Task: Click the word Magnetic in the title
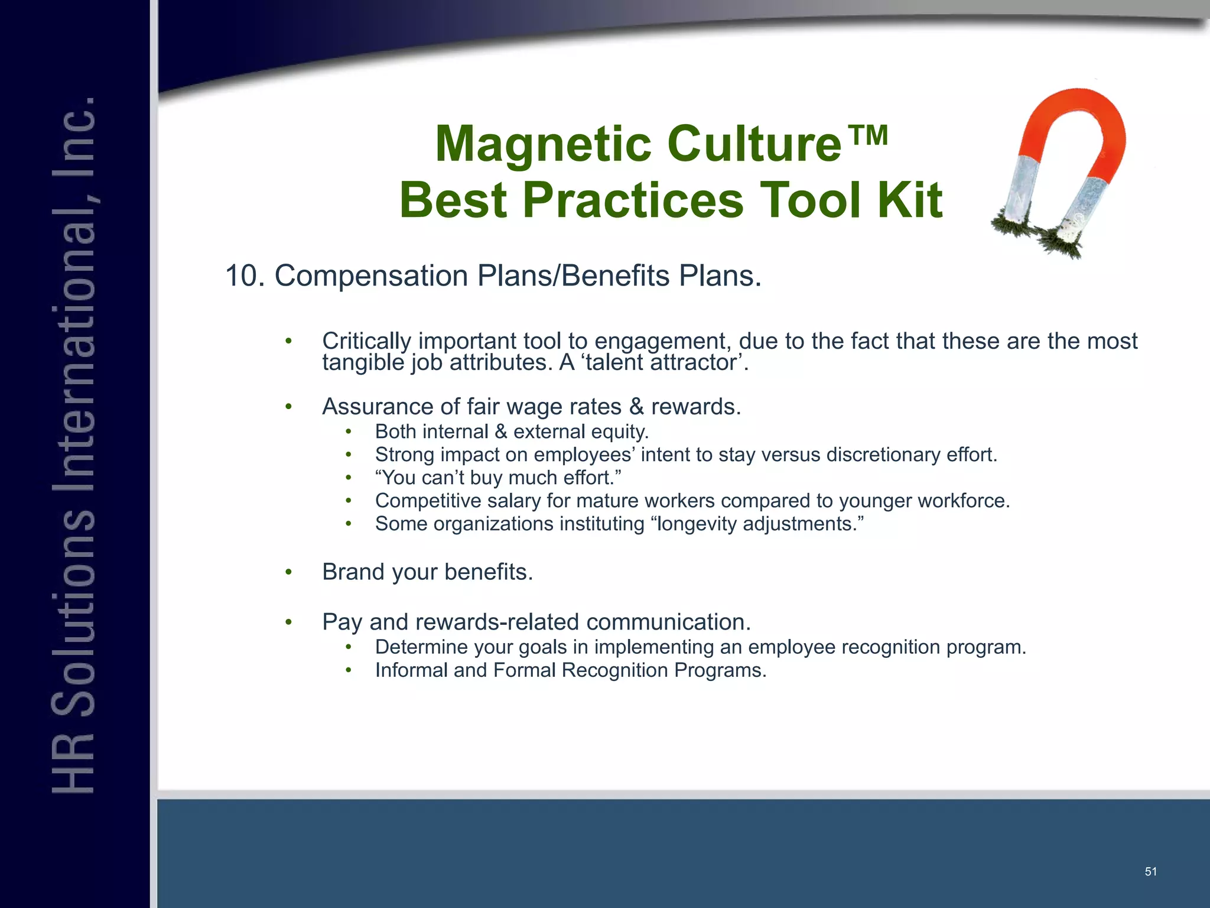click(544, 145)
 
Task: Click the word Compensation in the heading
click(371, 276)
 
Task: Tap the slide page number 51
click(1150, 871)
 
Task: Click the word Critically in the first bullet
click(366, 341)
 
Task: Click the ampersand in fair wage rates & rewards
click(636, 407)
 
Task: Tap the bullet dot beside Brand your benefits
click(288, 572)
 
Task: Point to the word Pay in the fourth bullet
click(342, 622)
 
